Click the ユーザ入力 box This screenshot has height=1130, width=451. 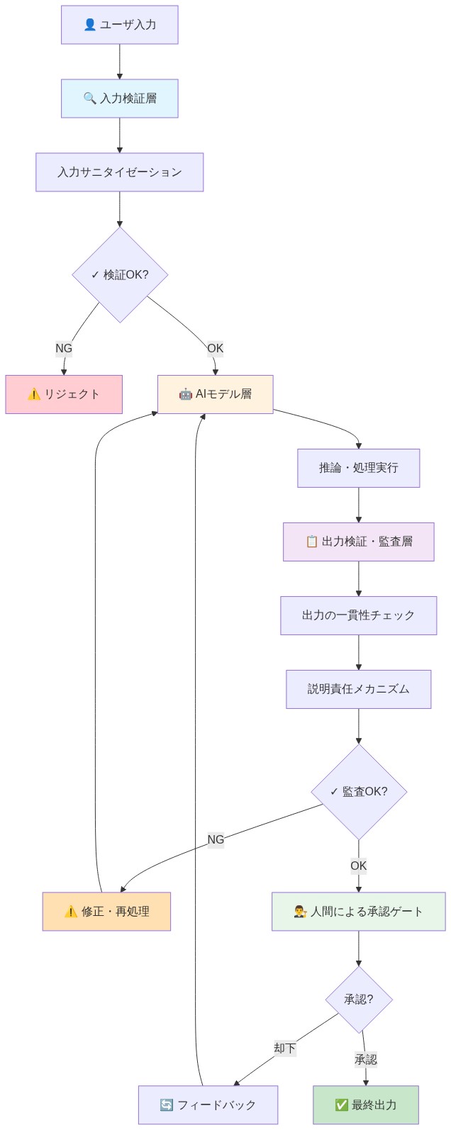coord(119,25)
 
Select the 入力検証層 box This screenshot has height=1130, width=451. coord(119,99)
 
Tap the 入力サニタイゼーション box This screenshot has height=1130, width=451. coord(119,172)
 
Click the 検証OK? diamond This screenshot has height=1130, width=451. coord(120,274)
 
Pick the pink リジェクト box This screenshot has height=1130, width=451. coord(64,394)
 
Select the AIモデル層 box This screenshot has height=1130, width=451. coord(215,394)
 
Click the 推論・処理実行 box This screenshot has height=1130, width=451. coord(358,468)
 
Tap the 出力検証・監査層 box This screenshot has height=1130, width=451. coord(358,542)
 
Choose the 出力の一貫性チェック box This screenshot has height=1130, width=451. coord(358,615)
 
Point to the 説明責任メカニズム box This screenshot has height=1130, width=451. coord(358,689)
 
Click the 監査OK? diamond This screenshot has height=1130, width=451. coord(359,791)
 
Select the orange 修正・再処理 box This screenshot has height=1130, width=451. coord(106,912)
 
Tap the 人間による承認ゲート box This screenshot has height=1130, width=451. coord(358,912)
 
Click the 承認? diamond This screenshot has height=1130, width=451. coord(359,1000)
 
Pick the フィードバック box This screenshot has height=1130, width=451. coord(208,1104)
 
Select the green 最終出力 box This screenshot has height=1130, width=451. coord(366,1104)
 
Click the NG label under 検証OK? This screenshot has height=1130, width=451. coord(64,348)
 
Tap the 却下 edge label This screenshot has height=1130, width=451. coord(284,1048)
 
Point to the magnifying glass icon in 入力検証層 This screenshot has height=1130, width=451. coord(89,99)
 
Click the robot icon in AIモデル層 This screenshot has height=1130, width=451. coord(185,394)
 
